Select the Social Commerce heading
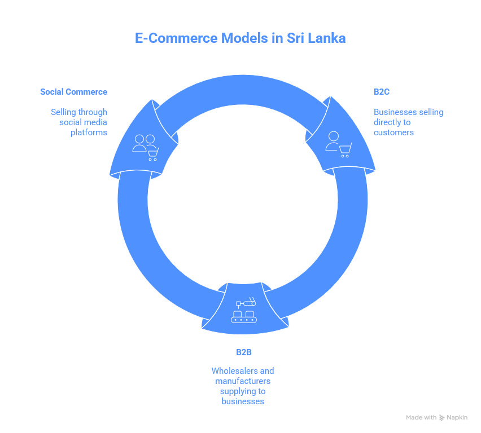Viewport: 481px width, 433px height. (73, 91)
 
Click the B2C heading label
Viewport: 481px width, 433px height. (382, 91)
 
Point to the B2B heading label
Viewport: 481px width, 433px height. (243, 352)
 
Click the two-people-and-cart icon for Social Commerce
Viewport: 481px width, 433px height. (145, 147)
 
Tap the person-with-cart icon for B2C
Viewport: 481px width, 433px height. (338, 144)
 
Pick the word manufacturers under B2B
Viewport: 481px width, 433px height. (243, 381)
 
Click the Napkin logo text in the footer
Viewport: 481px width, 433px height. (457, 418)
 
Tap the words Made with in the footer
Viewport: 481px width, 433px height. (421, 418)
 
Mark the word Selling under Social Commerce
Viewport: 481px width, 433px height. (63, 112)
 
